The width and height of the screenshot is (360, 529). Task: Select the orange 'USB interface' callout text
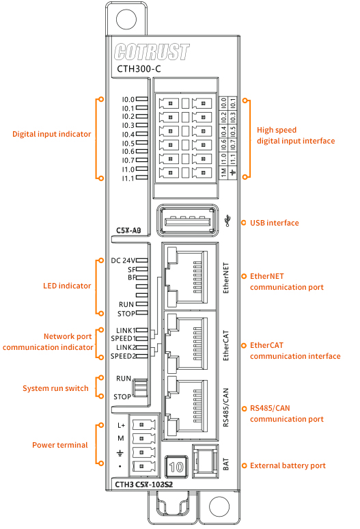point(275,223)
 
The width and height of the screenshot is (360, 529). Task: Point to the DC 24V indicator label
point(124,260)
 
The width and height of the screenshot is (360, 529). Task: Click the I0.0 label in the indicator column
point(128,99)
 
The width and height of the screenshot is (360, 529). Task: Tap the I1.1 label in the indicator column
point(128,178)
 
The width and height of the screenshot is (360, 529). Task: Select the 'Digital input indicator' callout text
point(51,135)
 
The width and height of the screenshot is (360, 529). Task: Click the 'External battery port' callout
point(288,465)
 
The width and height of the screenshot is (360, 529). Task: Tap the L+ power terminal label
point(121,425)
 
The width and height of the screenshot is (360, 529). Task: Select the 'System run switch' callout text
point(55,388)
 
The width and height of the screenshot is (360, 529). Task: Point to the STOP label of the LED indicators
point(125,314)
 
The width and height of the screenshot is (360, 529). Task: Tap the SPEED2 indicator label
point(123,356)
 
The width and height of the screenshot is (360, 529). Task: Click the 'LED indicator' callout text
point(67,286)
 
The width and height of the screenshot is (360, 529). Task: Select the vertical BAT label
point(226,465)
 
